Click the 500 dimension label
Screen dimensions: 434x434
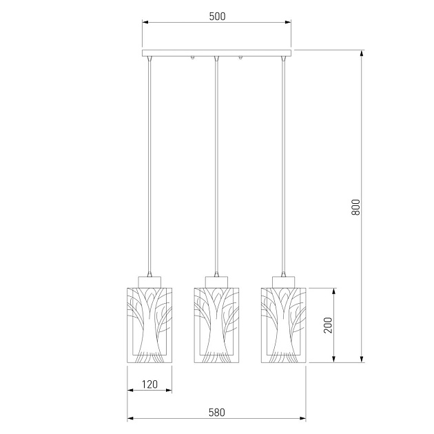217,17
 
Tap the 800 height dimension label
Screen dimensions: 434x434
355,207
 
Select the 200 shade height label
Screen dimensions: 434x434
328,325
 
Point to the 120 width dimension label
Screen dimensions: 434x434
149,384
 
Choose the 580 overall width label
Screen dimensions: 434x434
217,413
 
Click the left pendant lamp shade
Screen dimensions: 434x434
149,325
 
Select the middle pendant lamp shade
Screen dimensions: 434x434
216,325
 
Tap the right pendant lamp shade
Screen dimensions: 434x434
283,325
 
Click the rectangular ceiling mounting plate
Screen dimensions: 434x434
217,53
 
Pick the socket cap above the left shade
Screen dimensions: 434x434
149,282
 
